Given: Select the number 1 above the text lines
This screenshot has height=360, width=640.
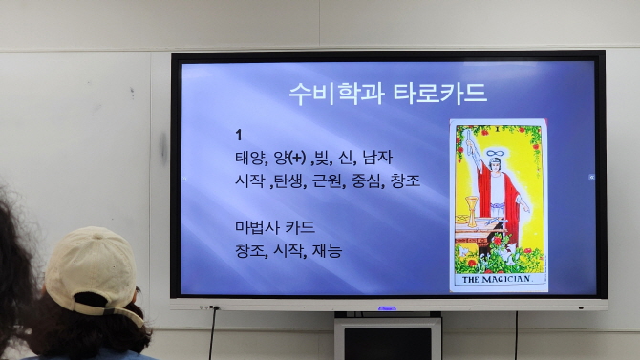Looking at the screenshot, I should pos(240,135).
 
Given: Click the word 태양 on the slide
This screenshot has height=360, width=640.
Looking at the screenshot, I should pos(251,157).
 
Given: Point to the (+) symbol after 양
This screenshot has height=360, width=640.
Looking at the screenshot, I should pos(296,157).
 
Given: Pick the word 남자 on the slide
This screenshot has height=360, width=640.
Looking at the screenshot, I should pos(377,157).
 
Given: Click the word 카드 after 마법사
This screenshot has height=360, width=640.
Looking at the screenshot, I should pos(299,228).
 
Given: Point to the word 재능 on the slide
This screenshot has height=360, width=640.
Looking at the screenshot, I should pos(327,250).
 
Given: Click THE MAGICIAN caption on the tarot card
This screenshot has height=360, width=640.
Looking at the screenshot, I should pos(498,280).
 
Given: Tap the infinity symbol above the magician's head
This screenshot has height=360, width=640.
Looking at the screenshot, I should pos(495,153).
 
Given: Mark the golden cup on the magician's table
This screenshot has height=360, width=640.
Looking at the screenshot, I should pos(471,209).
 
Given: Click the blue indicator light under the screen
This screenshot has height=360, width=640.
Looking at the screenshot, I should pos(386,307).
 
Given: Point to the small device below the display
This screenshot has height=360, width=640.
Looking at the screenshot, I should pos(387,339).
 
